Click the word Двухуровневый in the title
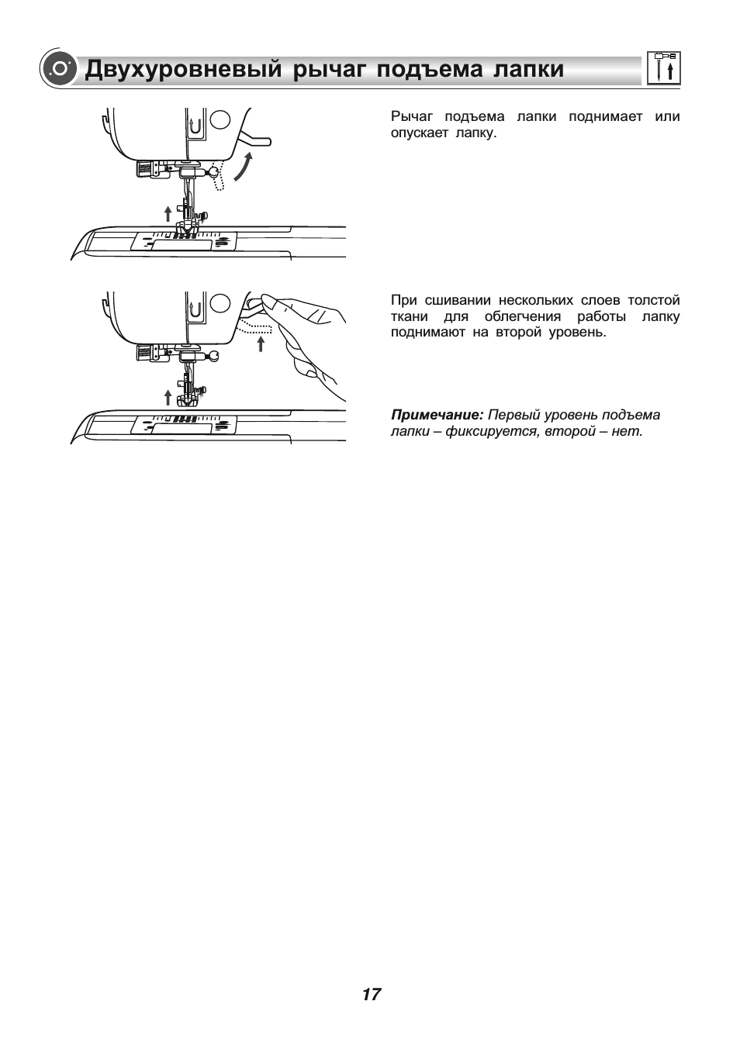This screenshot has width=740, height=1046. [184, 69]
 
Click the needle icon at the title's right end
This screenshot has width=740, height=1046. [663, 67]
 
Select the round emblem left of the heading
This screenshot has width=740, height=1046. [59, 69]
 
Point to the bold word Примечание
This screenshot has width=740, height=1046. [437, 415]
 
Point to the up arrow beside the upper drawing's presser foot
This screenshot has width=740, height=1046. [168, 214]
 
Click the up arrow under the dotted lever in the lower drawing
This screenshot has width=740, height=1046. [261, 344]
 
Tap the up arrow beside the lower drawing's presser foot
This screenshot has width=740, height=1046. [168, 398]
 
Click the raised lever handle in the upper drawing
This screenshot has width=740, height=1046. [254, 139]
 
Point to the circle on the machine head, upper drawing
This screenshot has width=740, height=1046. [220, 119]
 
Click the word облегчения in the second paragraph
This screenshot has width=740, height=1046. [522, 316]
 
